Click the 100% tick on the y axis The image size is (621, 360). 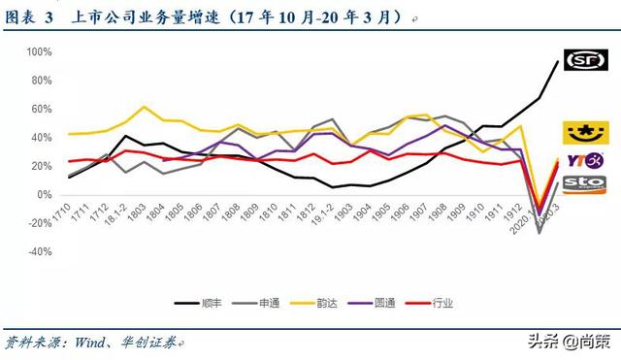(38, 51)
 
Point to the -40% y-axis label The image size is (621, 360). (38, 251)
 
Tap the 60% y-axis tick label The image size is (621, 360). (40, 109)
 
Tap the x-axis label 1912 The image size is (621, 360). (520, 211)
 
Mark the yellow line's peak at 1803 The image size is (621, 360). (144, 107)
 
